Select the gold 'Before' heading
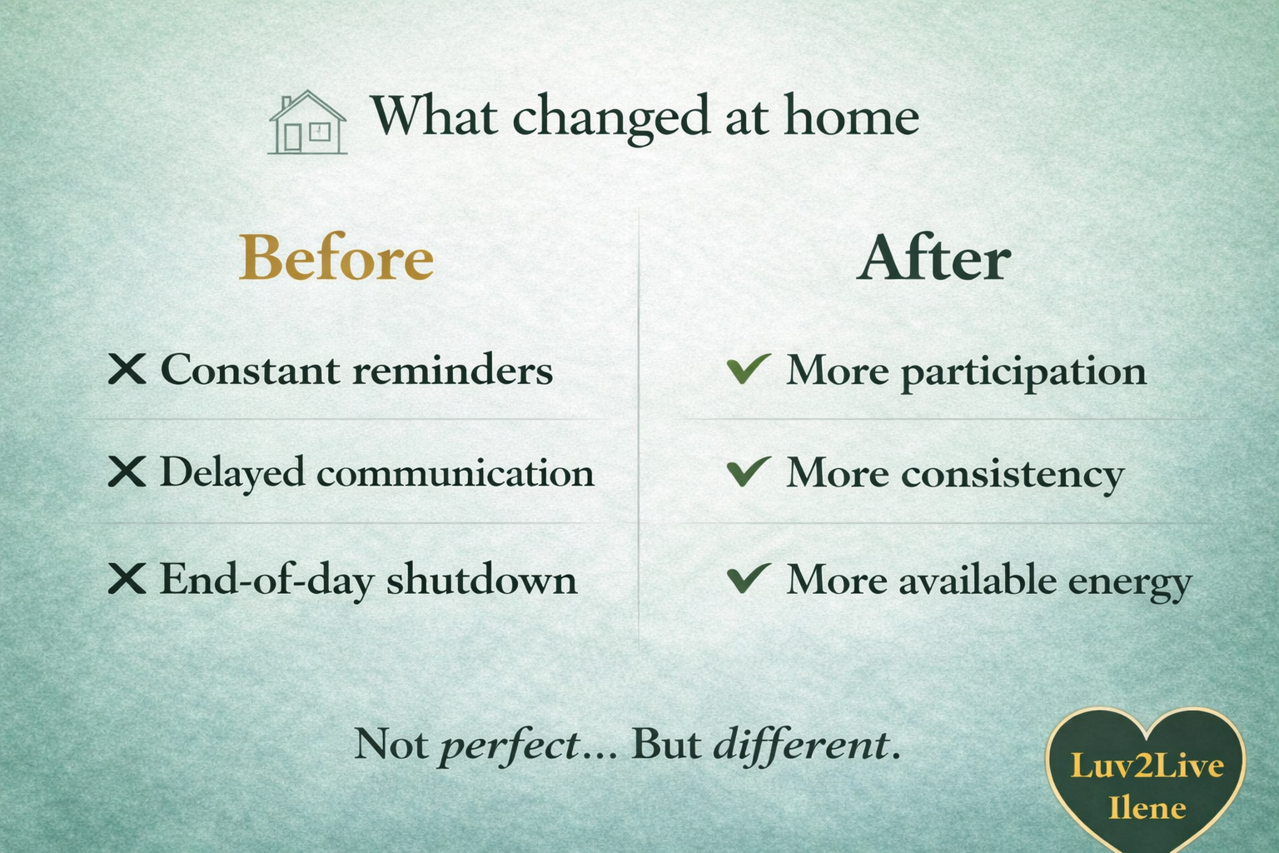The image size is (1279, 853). tap(336, 258)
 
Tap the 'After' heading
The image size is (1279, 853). tap(933, 258)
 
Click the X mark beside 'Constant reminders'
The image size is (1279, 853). tap(127, 368)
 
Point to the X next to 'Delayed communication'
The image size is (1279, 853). tap(127, 471)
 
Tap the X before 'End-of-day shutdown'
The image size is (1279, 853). tap(127, 578)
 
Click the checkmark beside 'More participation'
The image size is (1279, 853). tap(748, 368)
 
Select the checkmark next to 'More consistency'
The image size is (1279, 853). tap(748, 471)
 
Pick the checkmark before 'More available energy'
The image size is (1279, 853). tap(748, 577)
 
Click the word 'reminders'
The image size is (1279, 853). tap(452, 370)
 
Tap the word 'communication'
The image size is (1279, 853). tap(455, 473)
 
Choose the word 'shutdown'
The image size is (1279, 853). tap(481, 579)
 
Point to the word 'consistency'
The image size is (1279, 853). tap(1013, 475)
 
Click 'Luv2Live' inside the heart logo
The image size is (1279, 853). tap(1147, 766)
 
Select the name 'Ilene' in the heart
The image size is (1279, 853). tap(1147, 807)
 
